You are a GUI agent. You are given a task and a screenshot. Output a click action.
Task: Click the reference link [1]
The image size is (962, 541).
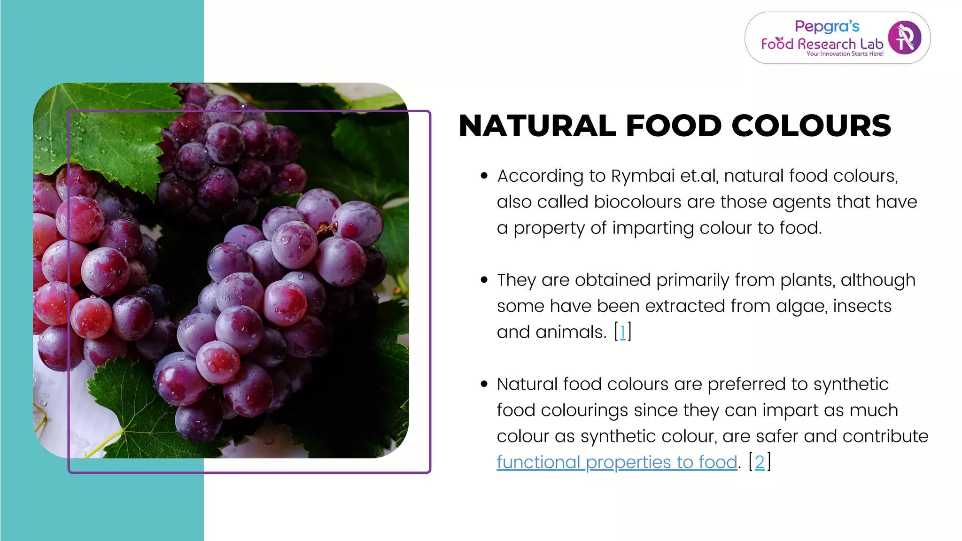pos(623,332)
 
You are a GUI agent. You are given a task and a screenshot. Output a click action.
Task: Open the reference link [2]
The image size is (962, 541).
pos(760,462)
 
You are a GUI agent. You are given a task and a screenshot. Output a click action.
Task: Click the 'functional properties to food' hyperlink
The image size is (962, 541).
pos(617,462)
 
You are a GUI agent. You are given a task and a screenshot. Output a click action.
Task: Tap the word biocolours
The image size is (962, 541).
pos(637,202)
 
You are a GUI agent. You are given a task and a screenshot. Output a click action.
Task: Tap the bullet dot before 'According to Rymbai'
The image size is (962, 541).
pos(484,176)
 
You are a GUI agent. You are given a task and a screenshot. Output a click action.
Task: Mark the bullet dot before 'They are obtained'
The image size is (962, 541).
pos(484,280)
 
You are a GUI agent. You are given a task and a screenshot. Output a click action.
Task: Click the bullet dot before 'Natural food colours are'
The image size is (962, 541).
pos(484,384)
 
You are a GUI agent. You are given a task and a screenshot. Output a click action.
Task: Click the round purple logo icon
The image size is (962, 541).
pos(904,38)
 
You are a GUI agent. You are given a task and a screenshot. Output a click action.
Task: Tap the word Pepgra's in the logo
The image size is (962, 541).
pos(827,26)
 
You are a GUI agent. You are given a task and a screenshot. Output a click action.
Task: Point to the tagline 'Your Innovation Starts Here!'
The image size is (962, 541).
pos(845,54)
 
